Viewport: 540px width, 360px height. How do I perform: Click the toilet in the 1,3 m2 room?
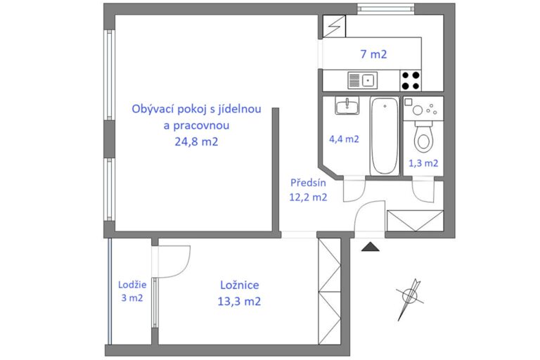[x=423, y=137]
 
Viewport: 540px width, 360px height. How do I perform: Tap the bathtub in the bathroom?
[x=385, y=136]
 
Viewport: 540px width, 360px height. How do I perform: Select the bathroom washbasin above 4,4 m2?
[x=347, y=105]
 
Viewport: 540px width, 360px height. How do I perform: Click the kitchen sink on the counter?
[x=362, y=80]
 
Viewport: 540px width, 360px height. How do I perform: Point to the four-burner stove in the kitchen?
[x=411, y=81]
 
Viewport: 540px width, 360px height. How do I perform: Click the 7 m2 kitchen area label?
[x=373, y=54]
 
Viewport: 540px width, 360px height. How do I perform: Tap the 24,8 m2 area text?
[x=196, y=141]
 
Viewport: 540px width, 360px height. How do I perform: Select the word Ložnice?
[x=240, y=285]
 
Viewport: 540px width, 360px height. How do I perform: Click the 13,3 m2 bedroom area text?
[x=239, y=302]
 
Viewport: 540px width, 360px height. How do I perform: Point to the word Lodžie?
[x=132, y=285]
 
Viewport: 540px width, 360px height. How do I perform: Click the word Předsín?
[x=308, y=183]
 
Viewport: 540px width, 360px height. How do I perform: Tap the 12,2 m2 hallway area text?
[x=308, y=198]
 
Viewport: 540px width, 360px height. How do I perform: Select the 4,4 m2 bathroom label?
[x=344, y=139]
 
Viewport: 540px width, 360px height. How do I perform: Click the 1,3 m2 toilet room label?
[x=423, y=163]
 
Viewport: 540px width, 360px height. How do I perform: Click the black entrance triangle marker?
[x=371, y=246]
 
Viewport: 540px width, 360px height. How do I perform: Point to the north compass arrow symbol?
[x=409, y=299]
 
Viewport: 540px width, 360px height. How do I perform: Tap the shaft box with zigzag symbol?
[x=334, y=26]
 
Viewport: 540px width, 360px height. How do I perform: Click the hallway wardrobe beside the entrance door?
[x=415, y=221]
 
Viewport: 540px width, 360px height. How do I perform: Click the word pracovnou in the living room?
[x=196, y=125]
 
